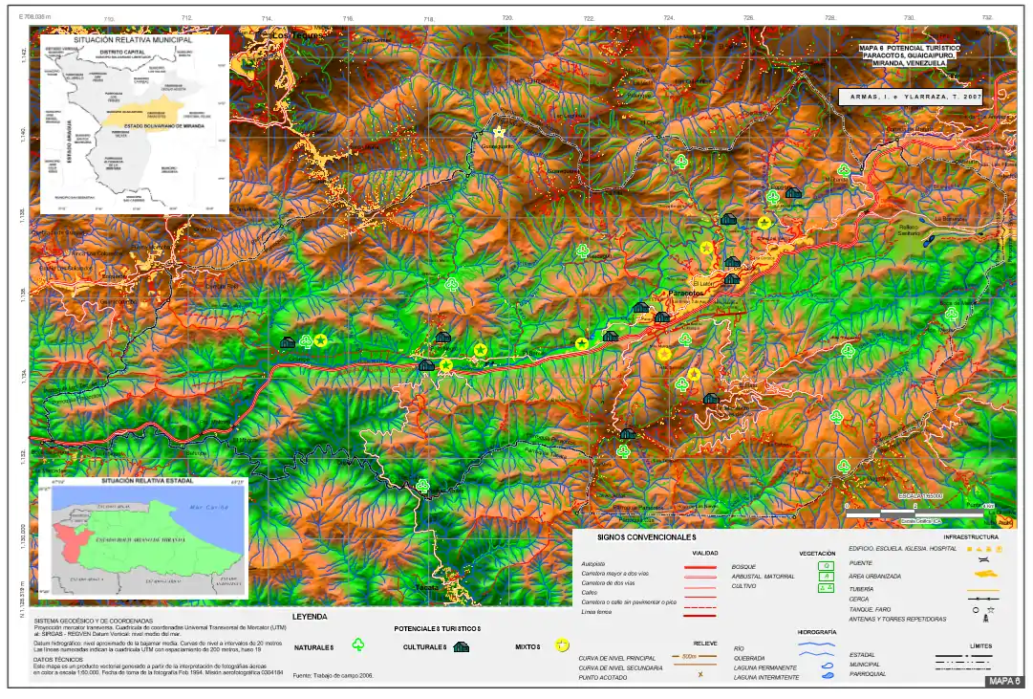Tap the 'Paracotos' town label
[685, 293]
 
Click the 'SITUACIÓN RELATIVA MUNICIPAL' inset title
[133, 40]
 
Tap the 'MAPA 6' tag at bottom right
[1005, 682]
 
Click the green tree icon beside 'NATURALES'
[359, 646]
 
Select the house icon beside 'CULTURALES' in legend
[461, 646]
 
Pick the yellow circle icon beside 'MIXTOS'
[563, 646]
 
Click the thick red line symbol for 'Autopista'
[699, 565]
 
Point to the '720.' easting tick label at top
[507, 18]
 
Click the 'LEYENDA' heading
[310, 617]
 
